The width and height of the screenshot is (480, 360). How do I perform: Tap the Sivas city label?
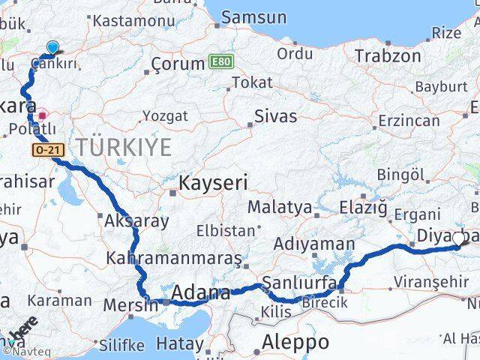pos(275,116)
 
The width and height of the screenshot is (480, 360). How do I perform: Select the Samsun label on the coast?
pos(254,17)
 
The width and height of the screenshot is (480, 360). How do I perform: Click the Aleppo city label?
pos(295,342)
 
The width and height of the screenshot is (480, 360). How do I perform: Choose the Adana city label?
pos(200,293)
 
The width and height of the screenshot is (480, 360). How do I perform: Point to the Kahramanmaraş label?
pos(174,259)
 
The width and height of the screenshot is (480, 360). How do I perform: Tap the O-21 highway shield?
pos(46,151)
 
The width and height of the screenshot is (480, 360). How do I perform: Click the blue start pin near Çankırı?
pos(52,48)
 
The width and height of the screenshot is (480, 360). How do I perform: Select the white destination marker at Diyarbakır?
pos(459,239)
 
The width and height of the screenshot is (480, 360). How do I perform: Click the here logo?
pos(23,328)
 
